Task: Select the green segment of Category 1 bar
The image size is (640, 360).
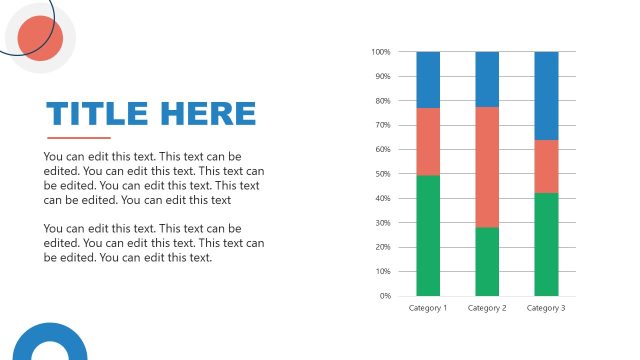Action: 428,235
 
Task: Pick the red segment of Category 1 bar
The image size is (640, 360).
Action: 428,141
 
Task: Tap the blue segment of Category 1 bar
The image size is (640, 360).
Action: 428,79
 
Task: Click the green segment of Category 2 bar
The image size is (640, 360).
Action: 487,261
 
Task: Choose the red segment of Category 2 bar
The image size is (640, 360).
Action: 487,167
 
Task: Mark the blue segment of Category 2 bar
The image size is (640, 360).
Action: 487,79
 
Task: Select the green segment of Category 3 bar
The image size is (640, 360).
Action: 546,244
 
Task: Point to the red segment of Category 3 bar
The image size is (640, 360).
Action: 546,166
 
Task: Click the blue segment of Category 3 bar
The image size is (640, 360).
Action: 546,95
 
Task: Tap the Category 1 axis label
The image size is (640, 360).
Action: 428,308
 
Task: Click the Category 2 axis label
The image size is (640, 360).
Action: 487,308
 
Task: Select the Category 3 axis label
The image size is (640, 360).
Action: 546,308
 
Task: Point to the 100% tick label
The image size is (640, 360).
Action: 380,52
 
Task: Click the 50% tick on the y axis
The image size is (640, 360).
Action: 382,174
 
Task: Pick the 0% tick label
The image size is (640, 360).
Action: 384,296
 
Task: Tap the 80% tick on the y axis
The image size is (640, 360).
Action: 382,101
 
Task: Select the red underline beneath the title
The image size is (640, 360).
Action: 79,138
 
